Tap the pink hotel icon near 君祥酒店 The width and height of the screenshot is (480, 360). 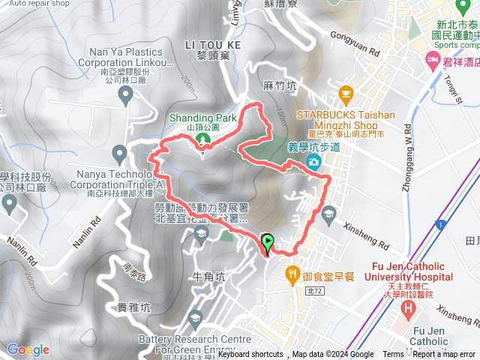pyautogui.click(x=432, y=58)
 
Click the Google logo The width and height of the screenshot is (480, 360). pyautogui.click(x=28, y=349)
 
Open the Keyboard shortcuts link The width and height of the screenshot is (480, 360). pyautogui.click(x=250, y=355)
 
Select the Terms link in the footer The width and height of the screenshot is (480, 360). pyautogui.click(x=392, y=355)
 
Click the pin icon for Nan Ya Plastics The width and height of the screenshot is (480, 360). pyautogui.click(x=126, y=94)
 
